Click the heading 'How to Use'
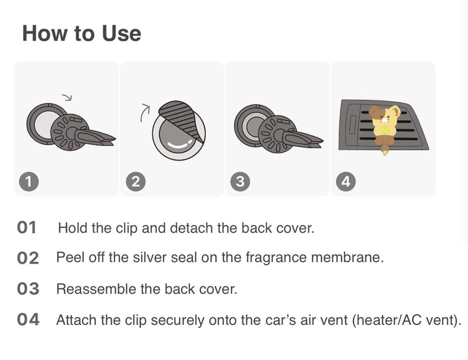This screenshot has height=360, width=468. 81,33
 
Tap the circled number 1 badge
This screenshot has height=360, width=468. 29,181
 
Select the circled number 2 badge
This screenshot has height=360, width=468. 135,181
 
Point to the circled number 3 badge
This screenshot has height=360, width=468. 240,181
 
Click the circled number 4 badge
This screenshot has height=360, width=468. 346,181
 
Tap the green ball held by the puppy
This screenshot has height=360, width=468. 384,130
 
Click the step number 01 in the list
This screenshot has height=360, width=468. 27,228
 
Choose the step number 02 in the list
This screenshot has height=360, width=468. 28,258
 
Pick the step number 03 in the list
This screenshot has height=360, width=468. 28,289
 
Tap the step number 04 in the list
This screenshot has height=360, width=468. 28,319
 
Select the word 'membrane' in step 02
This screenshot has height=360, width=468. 347,257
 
